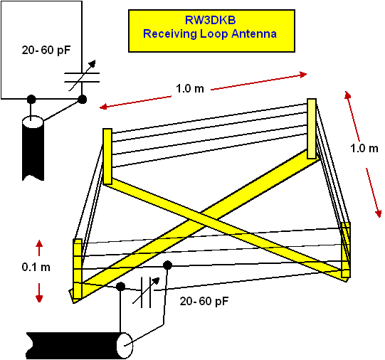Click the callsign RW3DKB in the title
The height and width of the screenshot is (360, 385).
click(210, 20)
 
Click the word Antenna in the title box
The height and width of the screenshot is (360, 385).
click(254, 33)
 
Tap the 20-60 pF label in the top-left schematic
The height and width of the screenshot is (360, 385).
click(46, 50)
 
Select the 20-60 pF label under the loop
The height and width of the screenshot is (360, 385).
click(204, 301)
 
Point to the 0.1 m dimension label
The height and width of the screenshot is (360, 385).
click(36, 267)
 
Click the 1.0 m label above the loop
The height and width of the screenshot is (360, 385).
click(190, 89)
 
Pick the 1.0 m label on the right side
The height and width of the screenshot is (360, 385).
click(364, 148)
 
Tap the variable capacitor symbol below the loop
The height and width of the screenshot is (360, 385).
click(146, 292)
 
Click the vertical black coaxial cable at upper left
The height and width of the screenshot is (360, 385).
click(33, 149)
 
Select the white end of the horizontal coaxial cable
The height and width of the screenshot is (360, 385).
click(125, 346)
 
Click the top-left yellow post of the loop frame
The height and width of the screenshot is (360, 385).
click(107, 157)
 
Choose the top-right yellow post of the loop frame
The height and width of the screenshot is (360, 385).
click(312, 129)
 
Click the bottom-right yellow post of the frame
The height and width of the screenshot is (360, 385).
click(346, 250)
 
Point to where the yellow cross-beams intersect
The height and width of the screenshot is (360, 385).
click(205, 218)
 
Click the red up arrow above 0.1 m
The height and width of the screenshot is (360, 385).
click(39, 248)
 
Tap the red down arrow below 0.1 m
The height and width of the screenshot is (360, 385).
click(39, 292)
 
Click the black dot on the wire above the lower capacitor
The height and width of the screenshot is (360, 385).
click(167, 265)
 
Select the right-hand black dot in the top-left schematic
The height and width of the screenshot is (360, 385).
click(82, 99)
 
